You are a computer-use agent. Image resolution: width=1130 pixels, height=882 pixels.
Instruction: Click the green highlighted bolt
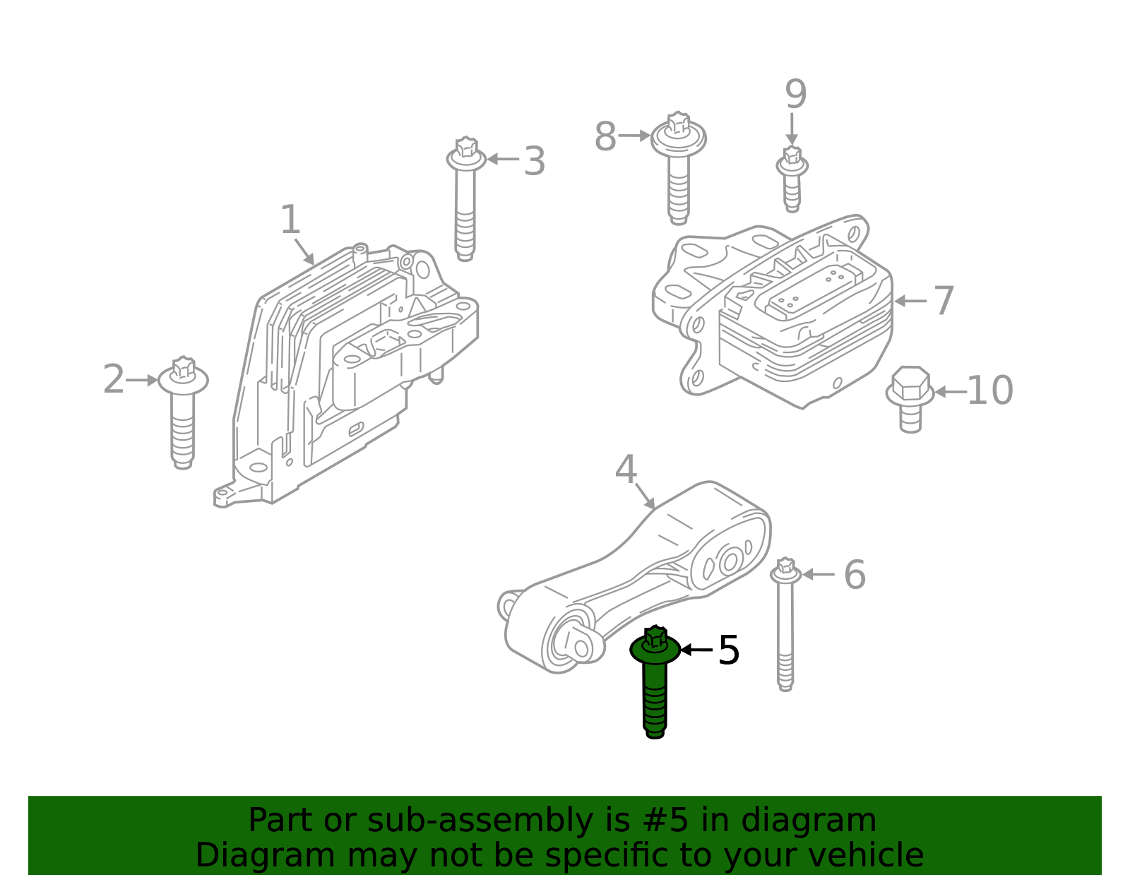(x=655, y=681)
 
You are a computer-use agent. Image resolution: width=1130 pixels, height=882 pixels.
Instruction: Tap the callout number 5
(x=729, y=650)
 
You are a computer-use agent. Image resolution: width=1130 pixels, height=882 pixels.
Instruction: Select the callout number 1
(x=290, y=220)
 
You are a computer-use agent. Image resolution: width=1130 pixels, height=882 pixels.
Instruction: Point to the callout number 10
(x=990, y=391)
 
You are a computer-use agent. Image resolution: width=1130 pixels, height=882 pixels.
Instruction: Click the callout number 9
(x=796, y=94)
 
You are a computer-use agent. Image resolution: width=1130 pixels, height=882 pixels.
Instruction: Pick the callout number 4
(x=626, y=470)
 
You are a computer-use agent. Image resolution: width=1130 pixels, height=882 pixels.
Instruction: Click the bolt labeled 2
(x=183, y=412)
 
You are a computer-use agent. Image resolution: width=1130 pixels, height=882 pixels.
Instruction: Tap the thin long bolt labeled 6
(x=785, y=624)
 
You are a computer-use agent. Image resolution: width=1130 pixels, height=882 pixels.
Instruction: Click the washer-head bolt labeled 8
(x=678, y=168)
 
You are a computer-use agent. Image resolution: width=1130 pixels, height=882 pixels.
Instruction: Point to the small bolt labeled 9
(x=792, y=179)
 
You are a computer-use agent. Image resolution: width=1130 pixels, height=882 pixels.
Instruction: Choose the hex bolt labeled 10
(x=910, y=399)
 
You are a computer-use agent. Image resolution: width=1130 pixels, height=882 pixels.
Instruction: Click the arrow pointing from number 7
(x=910, y=301)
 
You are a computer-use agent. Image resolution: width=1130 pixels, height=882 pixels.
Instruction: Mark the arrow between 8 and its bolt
(x=634, y=136)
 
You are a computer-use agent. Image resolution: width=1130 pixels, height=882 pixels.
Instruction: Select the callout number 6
(x=855, y=575)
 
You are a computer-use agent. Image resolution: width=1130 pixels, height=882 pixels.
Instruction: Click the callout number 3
(x=535, y=161)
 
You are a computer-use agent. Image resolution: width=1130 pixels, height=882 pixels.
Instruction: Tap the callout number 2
(x=114, y=379)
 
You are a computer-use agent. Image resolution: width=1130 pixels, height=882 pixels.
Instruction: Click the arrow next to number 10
(x=951, y=392)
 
